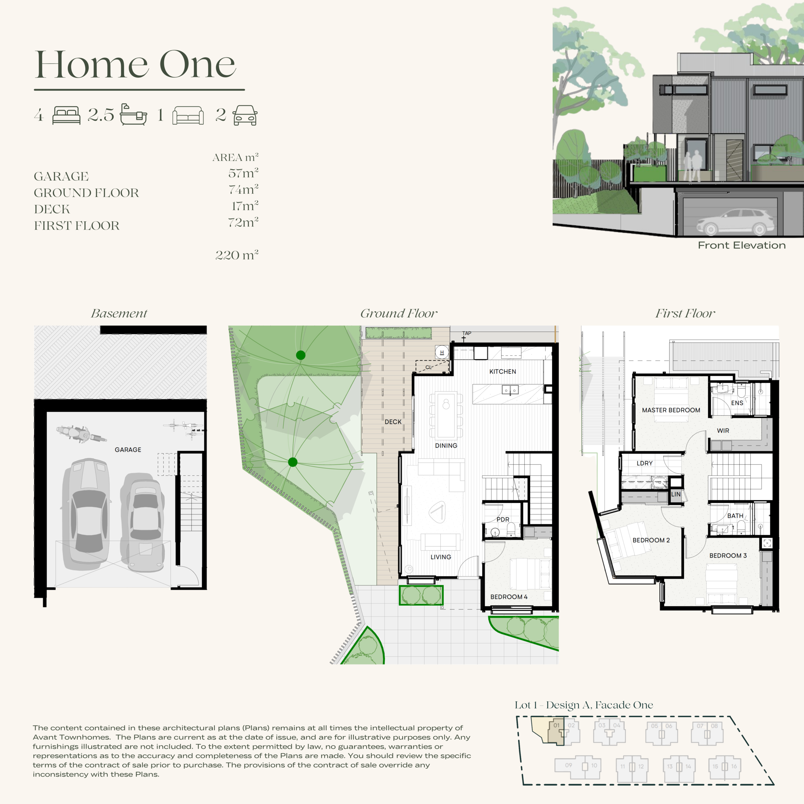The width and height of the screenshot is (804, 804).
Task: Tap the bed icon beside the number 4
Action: pyautogui.click(x=66, y=115)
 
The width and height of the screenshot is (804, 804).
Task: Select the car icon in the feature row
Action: pyautogui.click(x=245, y=115)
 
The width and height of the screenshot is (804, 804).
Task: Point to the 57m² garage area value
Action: pyautogui.click(x=243, y=173)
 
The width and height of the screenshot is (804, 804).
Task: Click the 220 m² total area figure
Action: pyautogui.click(x=237, y=255)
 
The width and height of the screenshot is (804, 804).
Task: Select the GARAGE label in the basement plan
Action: pyautogui.click(x=128, y=449)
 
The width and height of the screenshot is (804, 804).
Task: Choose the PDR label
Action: pyautogui.click(x=503, y=519)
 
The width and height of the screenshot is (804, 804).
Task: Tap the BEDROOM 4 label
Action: pyautogui.click(x=508, y=597)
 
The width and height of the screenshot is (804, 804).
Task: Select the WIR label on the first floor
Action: pyautogui.click(x=723, y=431)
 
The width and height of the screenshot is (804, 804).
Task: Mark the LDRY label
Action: pyautogui.click(x=645, y=463)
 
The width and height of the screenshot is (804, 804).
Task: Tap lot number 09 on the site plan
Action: pyautogui.click(x=568, y=765)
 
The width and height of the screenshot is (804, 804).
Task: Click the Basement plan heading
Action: pyautogui.click(x=119, y=313)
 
